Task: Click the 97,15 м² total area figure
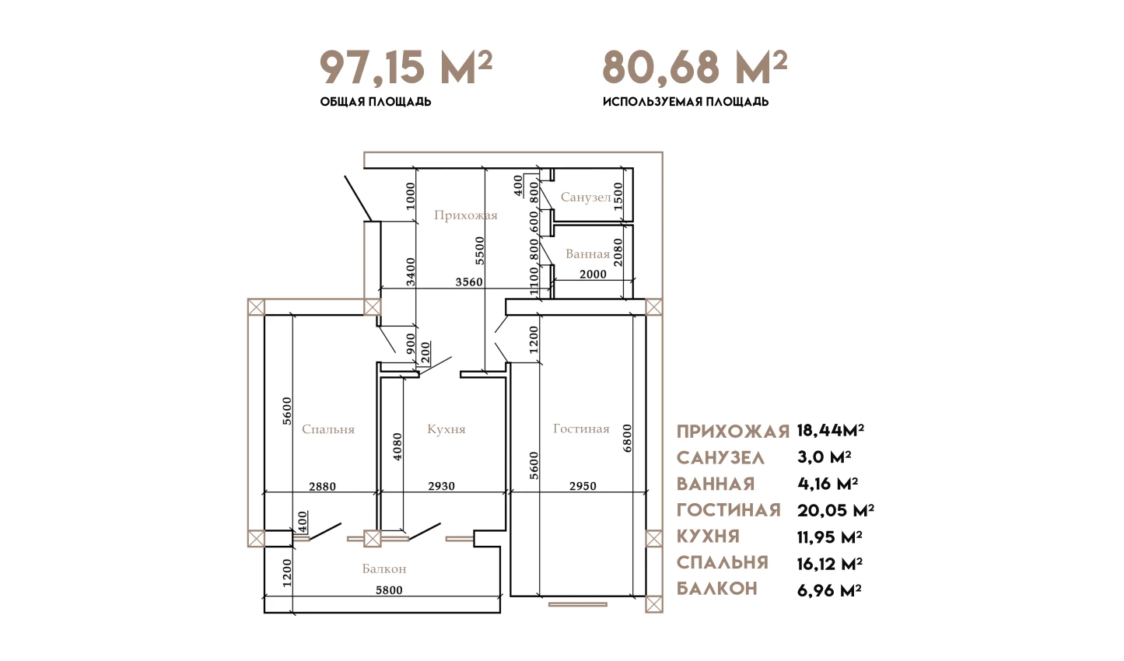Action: click(406, 67)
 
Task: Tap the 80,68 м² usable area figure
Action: click(695, 67)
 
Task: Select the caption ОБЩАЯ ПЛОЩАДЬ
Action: click(376, 102)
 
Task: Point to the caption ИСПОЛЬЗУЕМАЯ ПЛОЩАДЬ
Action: click(685, 102)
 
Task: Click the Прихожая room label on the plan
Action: click(466, 215)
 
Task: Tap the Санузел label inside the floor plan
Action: click(586, 197)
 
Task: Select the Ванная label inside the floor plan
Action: click(587, 254)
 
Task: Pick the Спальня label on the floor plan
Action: click(328, 429)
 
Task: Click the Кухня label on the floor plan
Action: click(446, 429)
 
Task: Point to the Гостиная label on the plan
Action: click(581, 428)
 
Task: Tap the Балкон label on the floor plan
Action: click(384, 568)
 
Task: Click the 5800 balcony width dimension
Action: click(390, 590)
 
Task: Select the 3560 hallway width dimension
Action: click(469, 282)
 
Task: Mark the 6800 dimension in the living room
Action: click(627, 439)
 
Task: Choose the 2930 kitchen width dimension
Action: click(442, 486)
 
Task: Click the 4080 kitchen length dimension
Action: click(397, 447)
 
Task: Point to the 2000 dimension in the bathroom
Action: click(593, 275)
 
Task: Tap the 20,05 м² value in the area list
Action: click(835, 511)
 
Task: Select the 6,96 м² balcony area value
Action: click(829, 590)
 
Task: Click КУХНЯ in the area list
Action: click(708, 537)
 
